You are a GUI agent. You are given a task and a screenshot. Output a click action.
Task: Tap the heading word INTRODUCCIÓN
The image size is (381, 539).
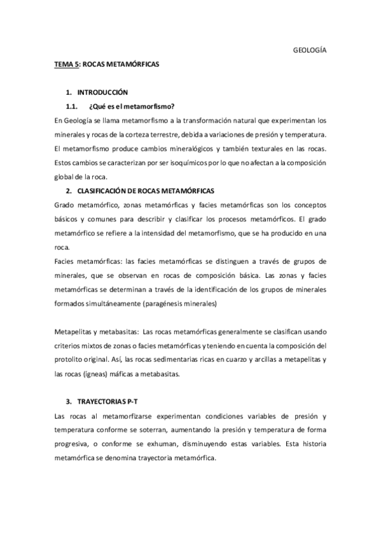(x=102, y=92)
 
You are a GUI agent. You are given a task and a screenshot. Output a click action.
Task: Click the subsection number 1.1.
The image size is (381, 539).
(x=72, y=106)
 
